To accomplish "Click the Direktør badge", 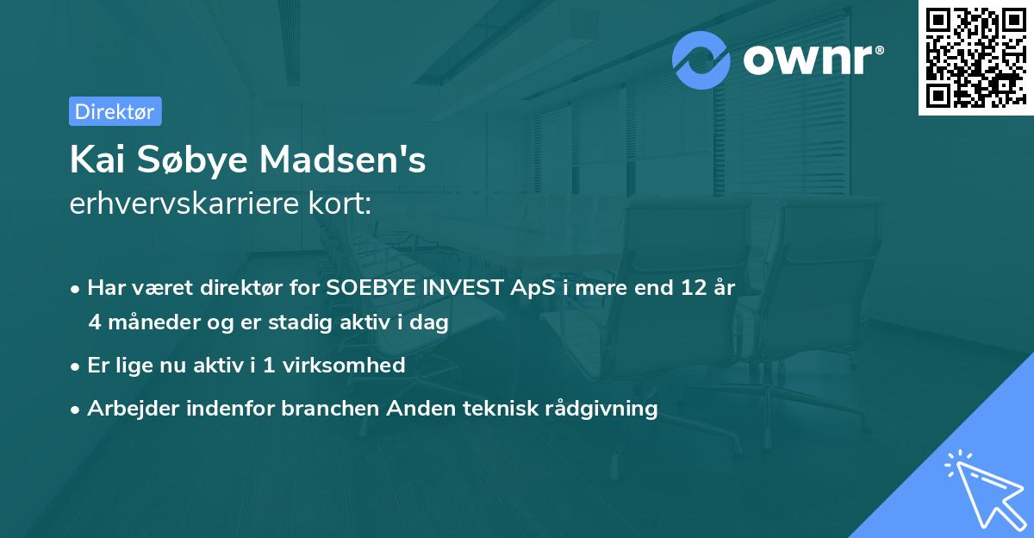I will (x=115, y=111).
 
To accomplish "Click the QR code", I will (x=975, y=57).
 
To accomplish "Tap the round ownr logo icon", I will (x=701, y=59).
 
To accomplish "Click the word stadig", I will (x=314, y=323).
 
